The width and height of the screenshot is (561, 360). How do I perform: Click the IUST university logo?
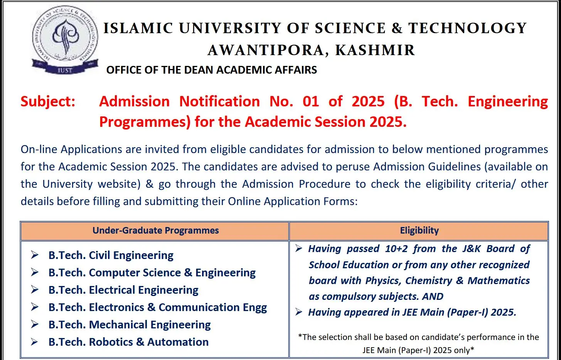(65, 40)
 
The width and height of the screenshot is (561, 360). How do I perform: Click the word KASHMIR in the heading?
(375, 50)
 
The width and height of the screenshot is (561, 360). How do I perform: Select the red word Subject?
(48, 102)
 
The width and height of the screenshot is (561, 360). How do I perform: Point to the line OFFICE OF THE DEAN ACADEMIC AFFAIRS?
(212, 70)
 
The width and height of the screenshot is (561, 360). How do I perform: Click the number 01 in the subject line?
(311, 102)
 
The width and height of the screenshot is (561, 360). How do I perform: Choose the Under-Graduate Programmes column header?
(155, 230)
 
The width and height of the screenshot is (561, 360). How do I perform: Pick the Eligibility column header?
(419, 230)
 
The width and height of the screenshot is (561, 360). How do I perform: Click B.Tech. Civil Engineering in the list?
(111, 255)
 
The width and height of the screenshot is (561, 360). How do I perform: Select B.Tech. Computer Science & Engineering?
(152, 273)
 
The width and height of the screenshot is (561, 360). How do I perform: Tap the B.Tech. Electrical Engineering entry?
(123, 290)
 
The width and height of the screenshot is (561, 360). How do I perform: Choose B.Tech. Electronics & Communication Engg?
(157, 307)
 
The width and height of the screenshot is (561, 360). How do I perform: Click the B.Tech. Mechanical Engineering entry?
(130, 325)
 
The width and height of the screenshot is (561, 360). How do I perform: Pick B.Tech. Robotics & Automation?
(128, 342)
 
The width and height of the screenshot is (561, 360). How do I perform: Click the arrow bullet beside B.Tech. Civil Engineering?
(35, 255)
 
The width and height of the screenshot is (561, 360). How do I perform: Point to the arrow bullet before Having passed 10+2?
(299, 249)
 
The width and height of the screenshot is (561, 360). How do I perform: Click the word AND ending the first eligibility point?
(433, 296)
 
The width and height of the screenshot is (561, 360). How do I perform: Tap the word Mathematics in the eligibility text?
(499, 281)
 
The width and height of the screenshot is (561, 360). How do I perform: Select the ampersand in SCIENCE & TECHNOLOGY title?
(397, 29)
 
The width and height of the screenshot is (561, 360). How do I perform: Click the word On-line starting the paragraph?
(39, 150)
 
